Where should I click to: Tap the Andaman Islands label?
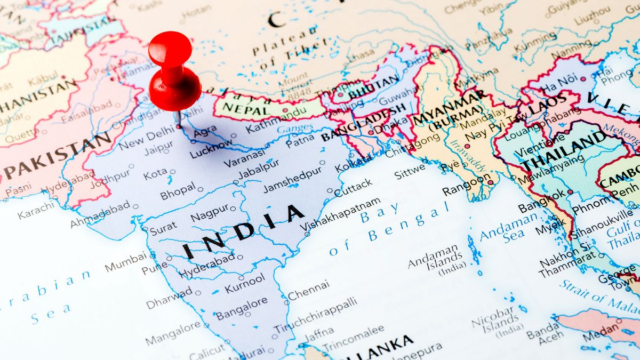(x=435, y=257)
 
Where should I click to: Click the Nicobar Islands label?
(x=493, y=319)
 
